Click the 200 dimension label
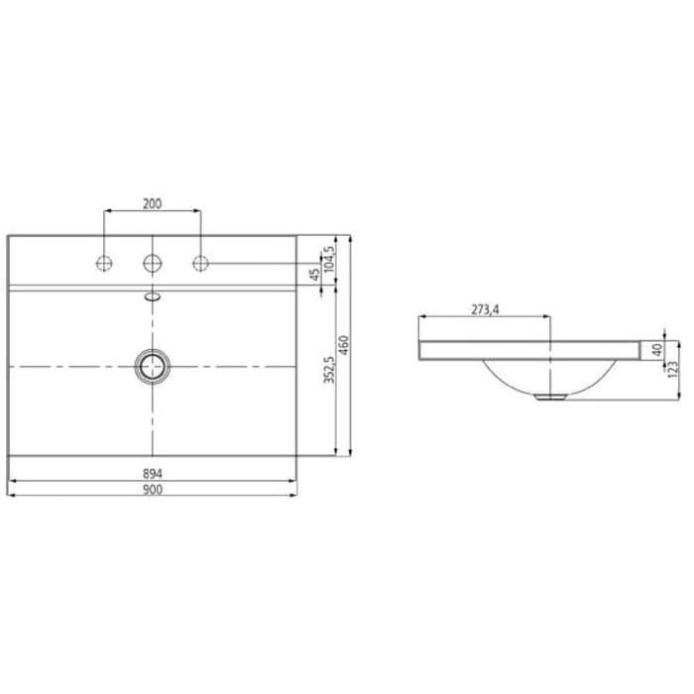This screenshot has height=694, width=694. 152,203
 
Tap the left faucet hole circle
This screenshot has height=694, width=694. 103,263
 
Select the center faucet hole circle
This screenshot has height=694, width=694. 152,263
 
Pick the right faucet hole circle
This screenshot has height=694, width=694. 200,263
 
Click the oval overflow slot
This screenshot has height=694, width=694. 152,294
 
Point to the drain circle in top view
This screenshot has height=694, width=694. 152,366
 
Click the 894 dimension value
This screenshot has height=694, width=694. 152,472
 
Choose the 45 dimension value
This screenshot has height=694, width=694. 314,273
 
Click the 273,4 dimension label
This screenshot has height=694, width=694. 484,309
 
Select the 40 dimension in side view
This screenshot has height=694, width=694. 656,349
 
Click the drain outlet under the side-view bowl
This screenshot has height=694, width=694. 548,396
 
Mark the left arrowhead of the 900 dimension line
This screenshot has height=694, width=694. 10,495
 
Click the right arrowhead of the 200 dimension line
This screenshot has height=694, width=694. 197,211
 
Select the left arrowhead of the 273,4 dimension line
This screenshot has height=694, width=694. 422,317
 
